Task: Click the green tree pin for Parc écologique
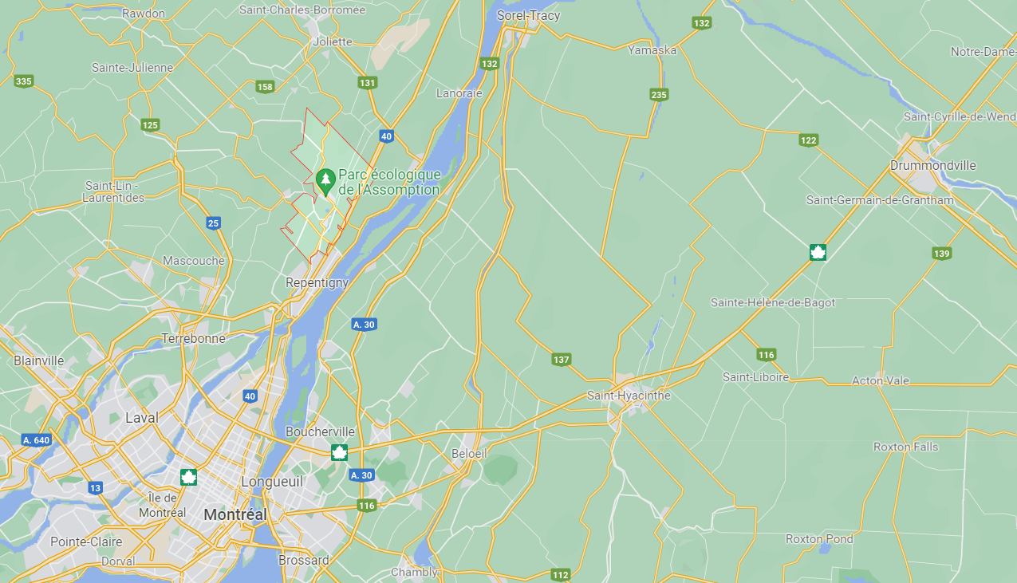[325, 180]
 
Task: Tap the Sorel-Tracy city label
[528, 15]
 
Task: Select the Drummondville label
[932, 166]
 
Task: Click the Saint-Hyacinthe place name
[629, 396]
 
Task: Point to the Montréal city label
[235, 515]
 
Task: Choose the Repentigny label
[317, 282]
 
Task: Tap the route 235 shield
[658, 95]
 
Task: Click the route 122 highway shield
[808, 140]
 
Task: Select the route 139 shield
[941, 254]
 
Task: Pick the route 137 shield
[561, 360]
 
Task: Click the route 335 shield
[23, 81]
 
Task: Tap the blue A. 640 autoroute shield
[37, 440]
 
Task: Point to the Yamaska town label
[652, 50]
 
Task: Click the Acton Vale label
[880, 380]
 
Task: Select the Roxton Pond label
[819, 539]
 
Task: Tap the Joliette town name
[333, 41]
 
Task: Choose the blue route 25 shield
[213, 223]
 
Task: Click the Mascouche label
[193, 261]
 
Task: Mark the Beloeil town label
[468, 453]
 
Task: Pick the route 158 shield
[265, 87]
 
